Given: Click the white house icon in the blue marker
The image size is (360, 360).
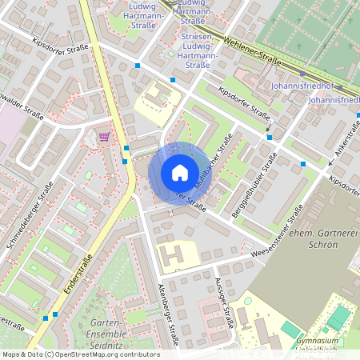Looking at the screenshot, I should [180, 172].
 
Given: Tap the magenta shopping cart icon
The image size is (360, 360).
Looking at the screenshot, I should [104, 137].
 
